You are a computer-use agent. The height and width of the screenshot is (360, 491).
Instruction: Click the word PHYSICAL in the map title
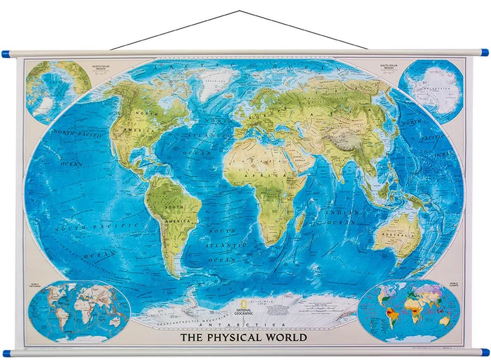click(x=235, y=337)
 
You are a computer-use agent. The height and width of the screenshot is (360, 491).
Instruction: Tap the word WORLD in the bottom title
click(x=284, y=337)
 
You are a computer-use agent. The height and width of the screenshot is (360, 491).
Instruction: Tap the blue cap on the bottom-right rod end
click(x=485, y=352)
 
